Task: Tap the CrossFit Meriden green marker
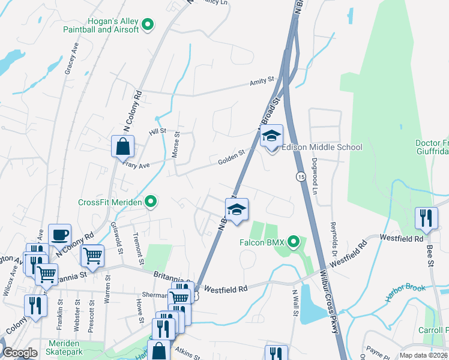coord(152,202)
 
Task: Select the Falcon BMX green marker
coord(294,242)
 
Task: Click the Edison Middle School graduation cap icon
coord(271,137)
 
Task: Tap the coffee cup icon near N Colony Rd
coord(59,235)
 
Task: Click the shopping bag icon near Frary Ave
coord(122,146)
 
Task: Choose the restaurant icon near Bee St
coord(426,218)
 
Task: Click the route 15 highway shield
coord(301,176)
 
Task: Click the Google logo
coord(20,353)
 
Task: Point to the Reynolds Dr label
coord(333,237)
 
